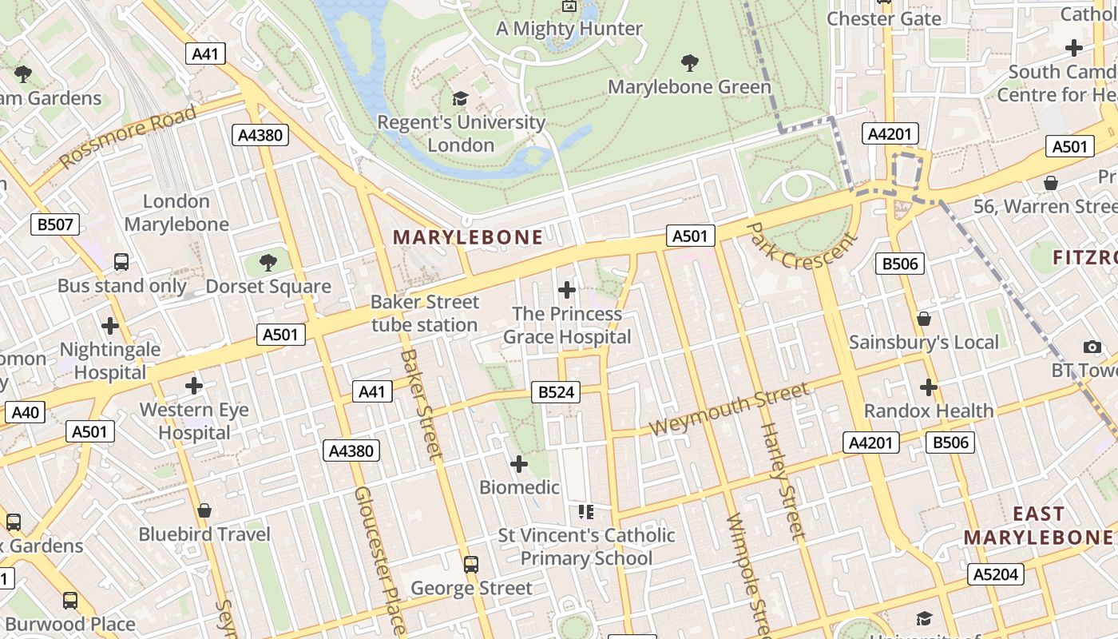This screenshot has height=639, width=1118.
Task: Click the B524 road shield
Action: (556, 392)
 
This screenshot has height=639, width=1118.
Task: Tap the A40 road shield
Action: (25, 413)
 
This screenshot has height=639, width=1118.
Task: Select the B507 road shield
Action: (55, 224)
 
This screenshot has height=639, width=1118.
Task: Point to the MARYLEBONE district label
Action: (468, 237)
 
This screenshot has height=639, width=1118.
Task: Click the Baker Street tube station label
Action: (425, 314)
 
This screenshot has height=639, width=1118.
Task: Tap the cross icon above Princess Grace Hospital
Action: (567, 290)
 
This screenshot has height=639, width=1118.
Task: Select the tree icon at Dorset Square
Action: (268, 262)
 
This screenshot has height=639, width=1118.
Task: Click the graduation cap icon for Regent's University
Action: (460, 98)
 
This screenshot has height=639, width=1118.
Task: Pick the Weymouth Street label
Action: (728, 409)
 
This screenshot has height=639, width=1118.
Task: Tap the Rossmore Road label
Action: (128, 137)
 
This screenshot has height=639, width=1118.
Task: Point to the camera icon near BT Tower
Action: (1092, 347)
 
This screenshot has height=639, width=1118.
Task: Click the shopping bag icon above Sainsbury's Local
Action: (924, 319)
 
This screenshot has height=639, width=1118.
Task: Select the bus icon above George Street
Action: (471, 565)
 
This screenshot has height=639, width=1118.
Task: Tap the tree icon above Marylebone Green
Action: (689, 62)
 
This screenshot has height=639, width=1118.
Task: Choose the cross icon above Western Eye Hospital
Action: (194, 386)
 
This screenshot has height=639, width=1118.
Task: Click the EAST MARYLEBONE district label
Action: (1038, 525)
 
